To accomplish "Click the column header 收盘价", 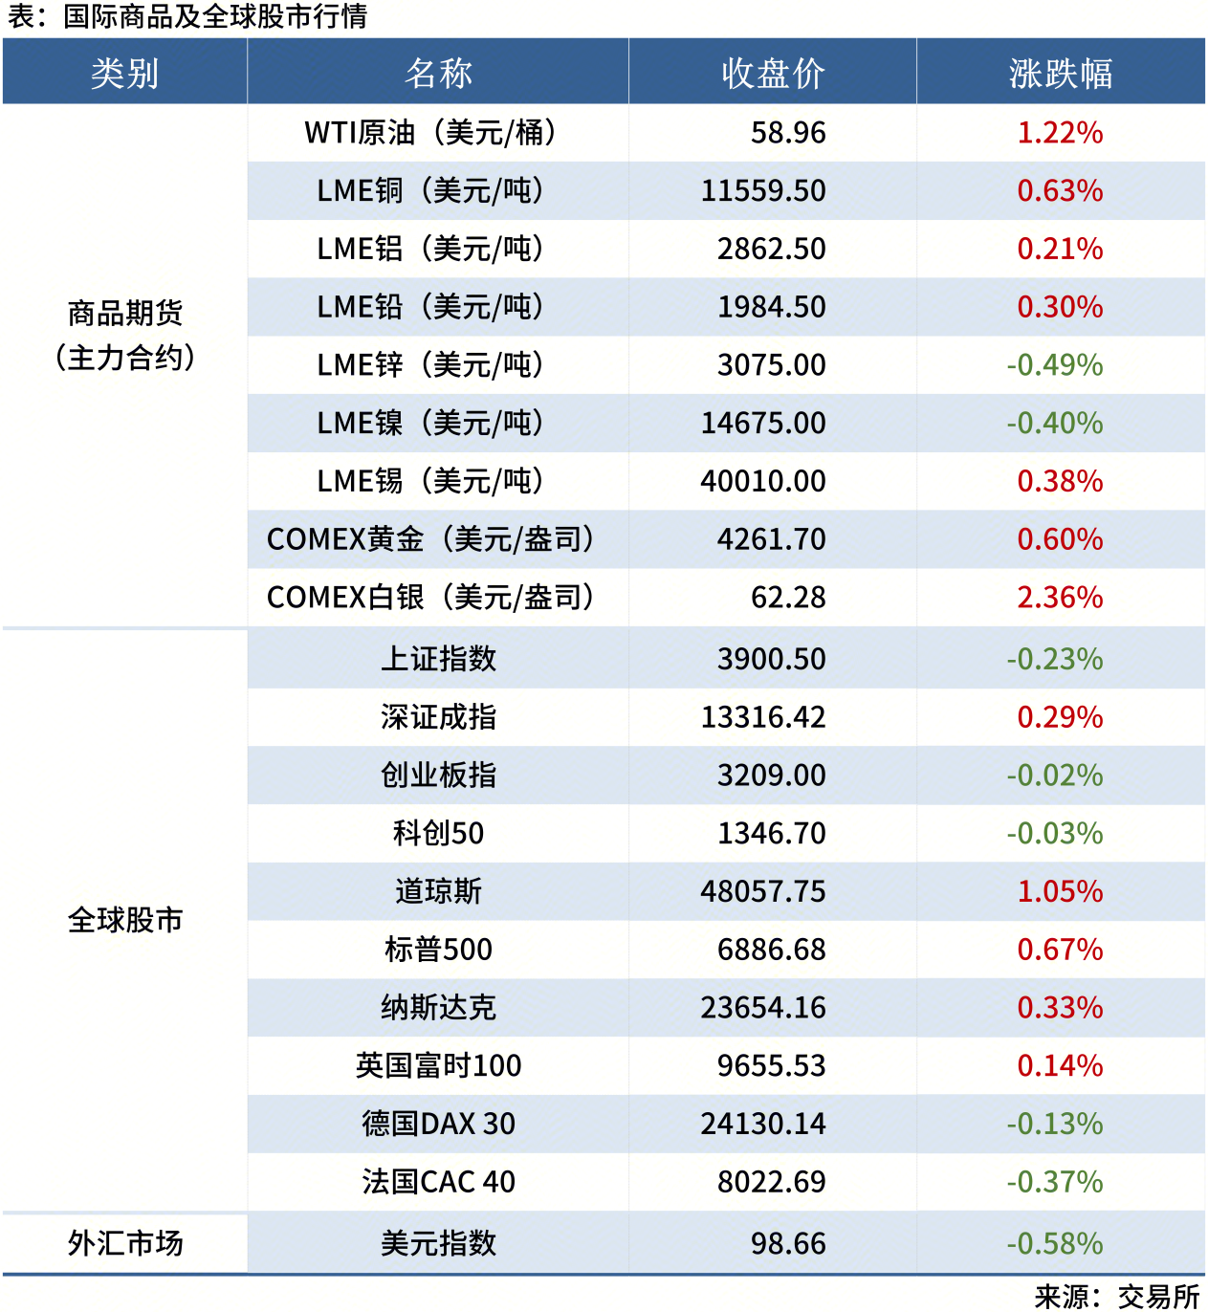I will [x=773, y=73].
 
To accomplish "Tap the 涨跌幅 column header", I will [x=1060, y=73].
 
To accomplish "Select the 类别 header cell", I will [x=124, y=73].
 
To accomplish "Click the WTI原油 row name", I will [x=430, y=132].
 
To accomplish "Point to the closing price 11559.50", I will [x=763, y=190].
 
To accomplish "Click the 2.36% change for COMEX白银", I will [x=1060, y=597].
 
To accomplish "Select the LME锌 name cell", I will [x=430, y=364].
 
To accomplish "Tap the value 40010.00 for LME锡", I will [x=763, y=481].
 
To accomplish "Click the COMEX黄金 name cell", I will [x=430, y=539].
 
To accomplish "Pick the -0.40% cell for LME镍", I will [x=1054, y=423].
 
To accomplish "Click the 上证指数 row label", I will [x=438, y=659].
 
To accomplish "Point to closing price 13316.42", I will [x=763, y=717].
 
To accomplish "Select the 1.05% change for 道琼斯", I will [x=1060, y=891].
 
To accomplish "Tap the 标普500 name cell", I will [x=438, y=950].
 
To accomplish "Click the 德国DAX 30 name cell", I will [x=438, y=1124].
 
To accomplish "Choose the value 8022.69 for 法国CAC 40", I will [x=771, y=1182].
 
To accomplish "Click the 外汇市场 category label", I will [x=124, y=1243].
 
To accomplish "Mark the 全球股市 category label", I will [x=124, y=920].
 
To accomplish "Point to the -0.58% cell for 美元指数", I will [x=1054, y=1243].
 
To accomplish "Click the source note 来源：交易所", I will [x=1116, y=1296].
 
